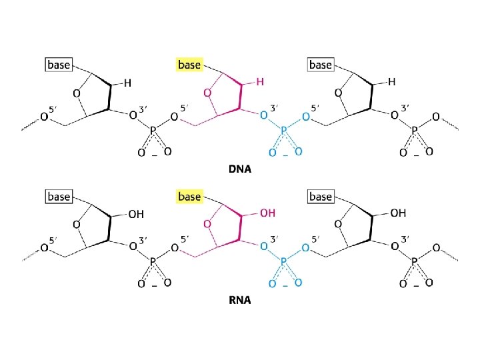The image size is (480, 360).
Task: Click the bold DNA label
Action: pos(239,169)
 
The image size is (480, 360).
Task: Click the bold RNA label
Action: pos(239,301)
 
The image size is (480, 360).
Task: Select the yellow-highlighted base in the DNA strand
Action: pos(189,65)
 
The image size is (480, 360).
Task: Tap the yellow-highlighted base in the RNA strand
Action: pos(189,197)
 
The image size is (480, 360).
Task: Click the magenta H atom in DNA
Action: pos(260,82)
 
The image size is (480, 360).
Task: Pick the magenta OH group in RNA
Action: pos(267,213)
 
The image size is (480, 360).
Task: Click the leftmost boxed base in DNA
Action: pos(58,65)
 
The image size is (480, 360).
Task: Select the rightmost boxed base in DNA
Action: pos(321,65)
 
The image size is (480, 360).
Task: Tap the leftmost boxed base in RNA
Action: pos(58,197)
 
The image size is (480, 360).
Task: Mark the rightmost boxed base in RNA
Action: pos(321,197)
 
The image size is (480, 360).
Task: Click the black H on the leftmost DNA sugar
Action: pos(126,82)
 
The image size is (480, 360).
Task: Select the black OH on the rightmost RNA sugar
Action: pos(398,213)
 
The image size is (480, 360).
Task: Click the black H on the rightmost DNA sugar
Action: pos(391,82)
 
